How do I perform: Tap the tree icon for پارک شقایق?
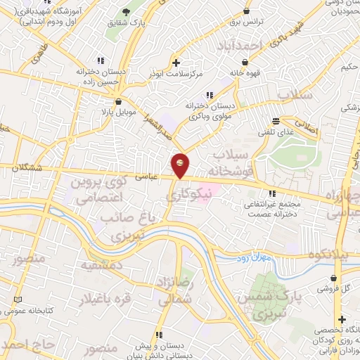pyautogui.click(x=127, y=13)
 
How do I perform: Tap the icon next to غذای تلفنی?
pyautogui.click(x=285, y=120)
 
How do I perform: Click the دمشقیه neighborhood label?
pyautogui.click(x=102, y=266)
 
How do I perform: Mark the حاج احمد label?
pyautogui.click(x=27, y=344)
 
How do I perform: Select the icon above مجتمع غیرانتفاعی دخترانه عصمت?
pyautogui.click(x=271, y=194)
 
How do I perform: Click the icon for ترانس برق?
pyautogui.click(x=246, y=11)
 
